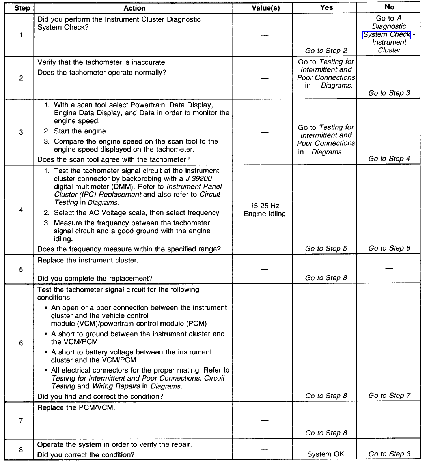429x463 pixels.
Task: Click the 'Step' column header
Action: point(22,8)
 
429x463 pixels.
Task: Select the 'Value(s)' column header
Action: point(265,8)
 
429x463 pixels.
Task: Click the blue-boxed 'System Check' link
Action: point(387,35)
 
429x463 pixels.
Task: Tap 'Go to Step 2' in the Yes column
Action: point(326,51)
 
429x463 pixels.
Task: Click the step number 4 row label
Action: point(21,210)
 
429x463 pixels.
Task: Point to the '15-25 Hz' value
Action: point(265,206)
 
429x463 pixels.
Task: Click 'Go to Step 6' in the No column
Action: point(389,248)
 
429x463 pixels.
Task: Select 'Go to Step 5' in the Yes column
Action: point(326,249)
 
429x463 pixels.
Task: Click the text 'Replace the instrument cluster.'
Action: point(88,261)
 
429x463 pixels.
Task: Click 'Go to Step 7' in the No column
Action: point(389,396)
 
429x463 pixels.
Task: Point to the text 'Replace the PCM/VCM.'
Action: point(76,407)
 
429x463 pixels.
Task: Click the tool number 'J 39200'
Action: point(199,179)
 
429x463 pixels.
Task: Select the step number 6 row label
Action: point(21,343)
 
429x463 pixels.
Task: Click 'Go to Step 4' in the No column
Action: point(389,159)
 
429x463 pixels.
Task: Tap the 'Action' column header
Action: point(134,8)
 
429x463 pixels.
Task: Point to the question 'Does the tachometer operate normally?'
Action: point(102,73)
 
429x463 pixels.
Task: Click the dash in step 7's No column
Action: point(389,420)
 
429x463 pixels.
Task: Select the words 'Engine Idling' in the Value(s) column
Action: point(265,214)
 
